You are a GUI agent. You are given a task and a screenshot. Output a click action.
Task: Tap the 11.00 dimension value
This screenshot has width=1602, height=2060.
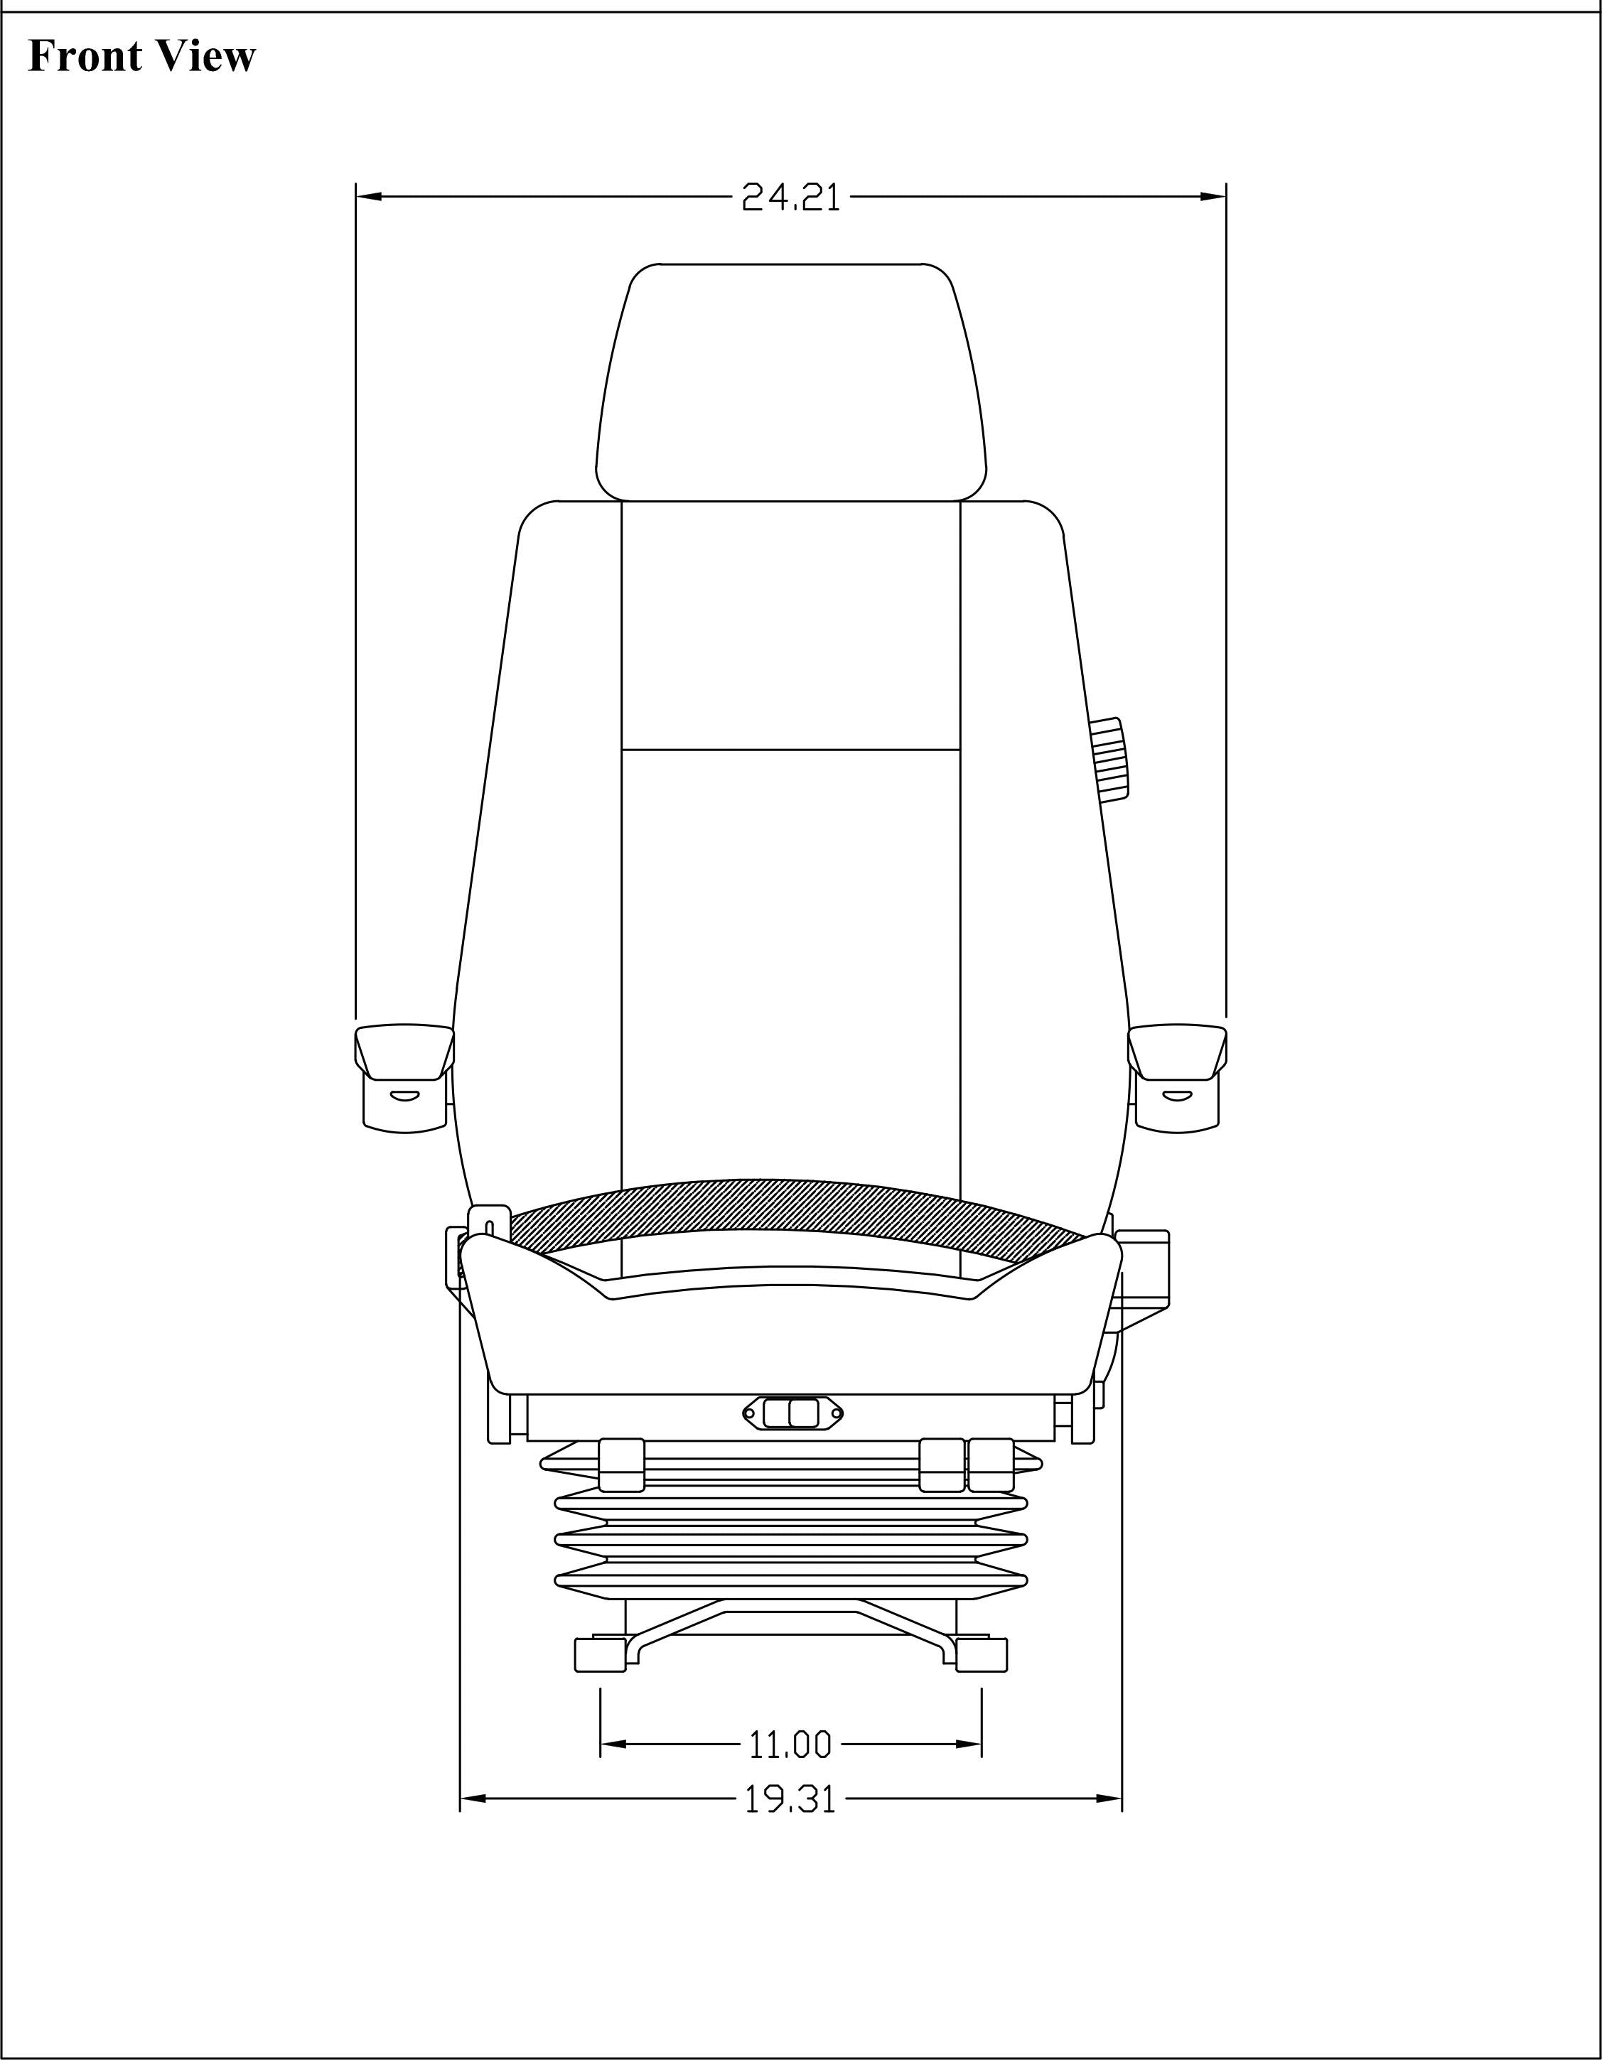[x=790, y=1745]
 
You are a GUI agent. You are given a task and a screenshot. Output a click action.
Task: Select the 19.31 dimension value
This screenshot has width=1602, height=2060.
[x=790, y=1800]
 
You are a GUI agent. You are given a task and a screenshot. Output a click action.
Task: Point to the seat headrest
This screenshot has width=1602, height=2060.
[x=790, y=382]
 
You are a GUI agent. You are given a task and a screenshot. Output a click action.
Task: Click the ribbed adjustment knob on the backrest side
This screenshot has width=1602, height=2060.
[x=1112, y=760]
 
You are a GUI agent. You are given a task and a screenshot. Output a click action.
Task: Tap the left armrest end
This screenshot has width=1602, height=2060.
[x=404, y=1077]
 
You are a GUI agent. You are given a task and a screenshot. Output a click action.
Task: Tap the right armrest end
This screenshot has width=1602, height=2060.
[x=1178, y=1077]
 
